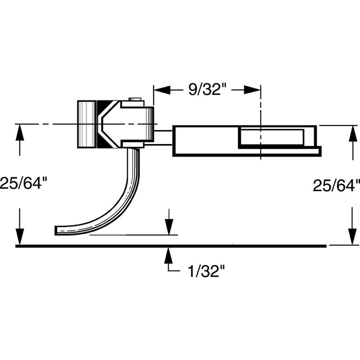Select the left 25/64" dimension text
click(x=23, y=184)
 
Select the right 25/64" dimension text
click(x=337, y=184)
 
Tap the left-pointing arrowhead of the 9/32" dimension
click(x=161, y=90)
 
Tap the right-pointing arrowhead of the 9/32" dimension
click(x=253, y=90)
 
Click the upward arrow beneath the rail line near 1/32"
click(x=168, y=256)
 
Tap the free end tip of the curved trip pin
click(x=58, y=230)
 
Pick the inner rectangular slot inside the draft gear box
click(x=270, y=136)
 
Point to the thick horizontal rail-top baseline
click(x=171, y=246)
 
